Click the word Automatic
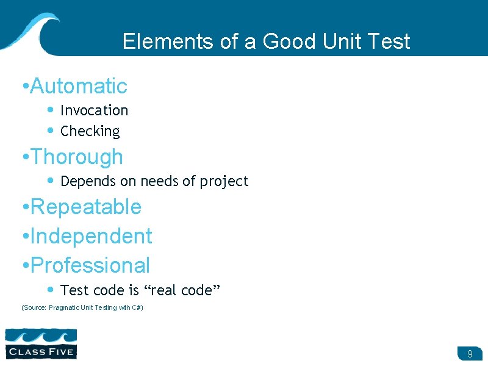coord(78,86)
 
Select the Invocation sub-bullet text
coord(95,110)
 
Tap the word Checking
coord(90,131)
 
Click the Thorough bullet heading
coord(76,157)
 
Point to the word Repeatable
coord(85,207)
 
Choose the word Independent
coord(91,236)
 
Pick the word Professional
coord(90,265)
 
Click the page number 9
coord(470,354)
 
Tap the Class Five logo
coord(41,343)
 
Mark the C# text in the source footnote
coord(137,307)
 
